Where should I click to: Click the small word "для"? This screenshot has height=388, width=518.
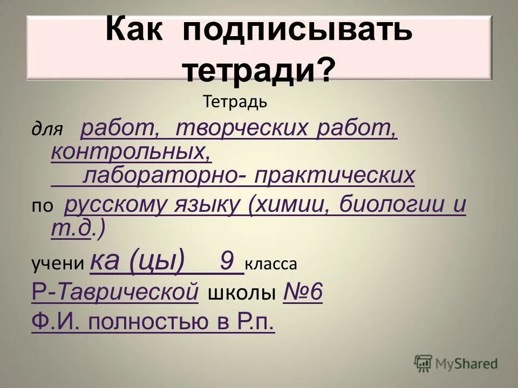(47, 129)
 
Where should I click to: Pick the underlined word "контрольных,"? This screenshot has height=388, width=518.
(131, 151)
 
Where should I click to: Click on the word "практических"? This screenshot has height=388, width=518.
(335, 175)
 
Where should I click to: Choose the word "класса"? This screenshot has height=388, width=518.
(271, 264)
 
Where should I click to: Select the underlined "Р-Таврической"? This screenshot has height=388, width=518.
(115, 293)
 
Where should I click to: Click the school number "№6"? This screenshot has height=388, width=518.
(303, 293)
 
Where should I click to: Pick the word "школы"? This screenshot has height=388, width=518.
(241, 294)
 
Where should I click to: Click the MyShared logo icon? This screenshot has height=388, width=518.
(424, 364)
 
